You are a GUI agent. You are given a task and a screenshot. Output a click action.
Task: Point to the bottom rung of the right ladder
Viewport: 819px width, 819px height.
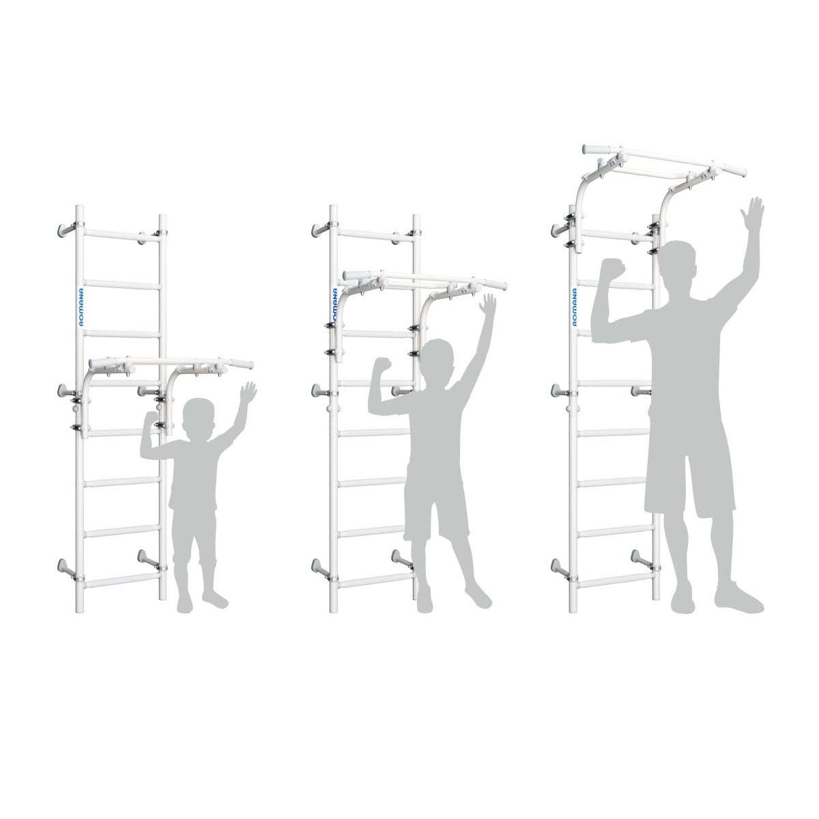614,581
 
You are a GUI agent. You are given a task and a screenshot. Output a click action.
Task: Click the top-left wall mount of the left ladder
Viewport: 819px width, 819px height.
66,228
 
